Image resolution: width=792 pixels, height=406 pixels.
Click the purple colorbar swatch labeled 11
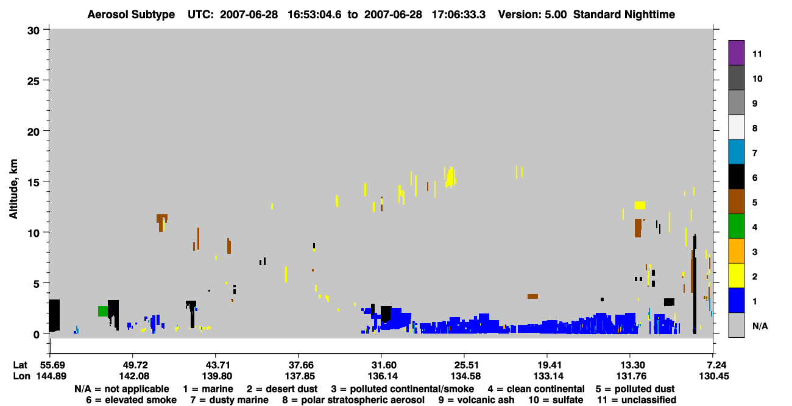(736, 52)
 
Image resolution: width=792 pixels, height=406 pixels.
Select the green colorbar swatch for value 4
(736, 226)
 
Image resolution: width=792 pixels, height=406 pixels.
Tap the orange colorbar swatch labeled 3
(736, 251)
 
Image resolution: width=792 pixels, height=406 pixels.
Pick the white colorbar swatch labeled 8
(736, 127)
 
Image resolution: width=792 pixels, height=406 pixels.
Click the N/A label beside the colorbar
(760, 326)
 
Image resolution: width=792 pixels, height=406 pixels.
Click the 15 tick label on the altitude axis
(34, 183)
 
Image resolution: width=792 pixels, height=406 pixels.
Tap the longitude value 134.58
(465, 376)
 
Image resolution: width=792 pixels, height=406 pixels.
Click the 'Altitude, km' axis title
(13, 189)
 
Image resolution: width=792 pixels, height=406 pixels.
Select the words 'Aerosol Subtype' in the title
(131, 15)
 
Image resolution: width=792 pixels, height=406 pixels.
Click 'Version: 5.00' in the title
(532, 15)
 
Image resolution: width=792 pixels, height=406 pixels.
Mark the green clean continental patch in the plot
(103, 311)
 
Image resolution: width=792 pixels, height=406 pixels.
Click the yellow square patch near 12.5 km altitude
(640, 205)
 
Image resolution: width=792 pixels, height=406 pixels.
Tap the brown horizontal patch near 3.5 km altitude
(533, 296)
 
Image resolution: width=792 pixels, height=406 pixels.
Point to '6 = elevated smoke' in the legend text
(131, 400)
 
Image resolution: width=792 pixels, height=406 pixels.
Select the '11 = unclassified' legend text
(637, 400)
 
